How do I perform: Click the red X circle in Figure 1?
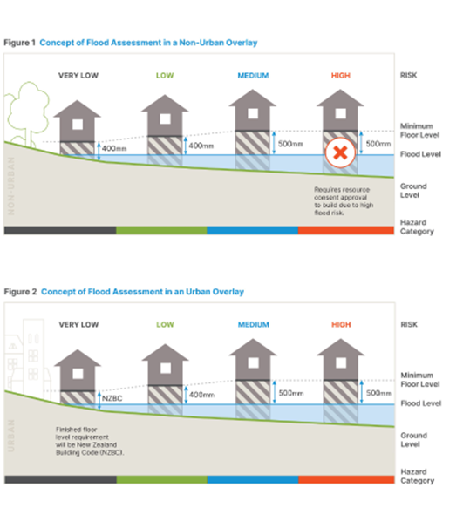(340, 152)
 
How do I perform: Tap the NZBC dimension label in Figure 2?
(112, 398)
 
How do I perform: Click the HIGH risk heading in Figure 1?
(341, 76)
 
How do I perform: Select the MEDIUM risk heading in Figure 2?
(254, 325)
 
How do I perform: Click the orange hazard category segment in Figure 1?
(346, 230)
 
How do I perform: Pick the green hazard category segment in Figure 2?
(161, 479)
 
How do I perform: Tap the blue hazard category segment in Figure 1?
(252, 230)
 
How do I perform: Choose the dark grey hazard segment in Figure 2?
(61, 479)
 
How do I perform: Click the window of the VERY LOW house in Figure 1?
(78, 125)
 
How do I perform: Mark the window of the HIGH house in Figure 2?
(341, 363)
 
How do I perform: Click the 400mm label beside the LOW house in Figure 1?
(201, 146)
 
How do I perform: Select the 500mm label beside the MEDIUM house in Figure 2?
(291, 393)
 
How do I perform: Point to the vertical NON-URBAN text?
(11, 186)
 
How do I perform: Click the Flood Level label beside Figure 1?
(420, 154)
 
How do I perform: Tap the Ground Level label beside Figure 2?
(413, 440)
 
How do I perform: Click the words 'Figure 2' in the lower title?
(20, 292)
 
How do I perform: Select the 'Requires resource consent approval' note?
(344, 201)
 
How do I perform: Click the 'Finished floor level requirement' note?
(90, 441)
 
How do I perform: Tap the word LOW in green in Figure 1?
(165, 76)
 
